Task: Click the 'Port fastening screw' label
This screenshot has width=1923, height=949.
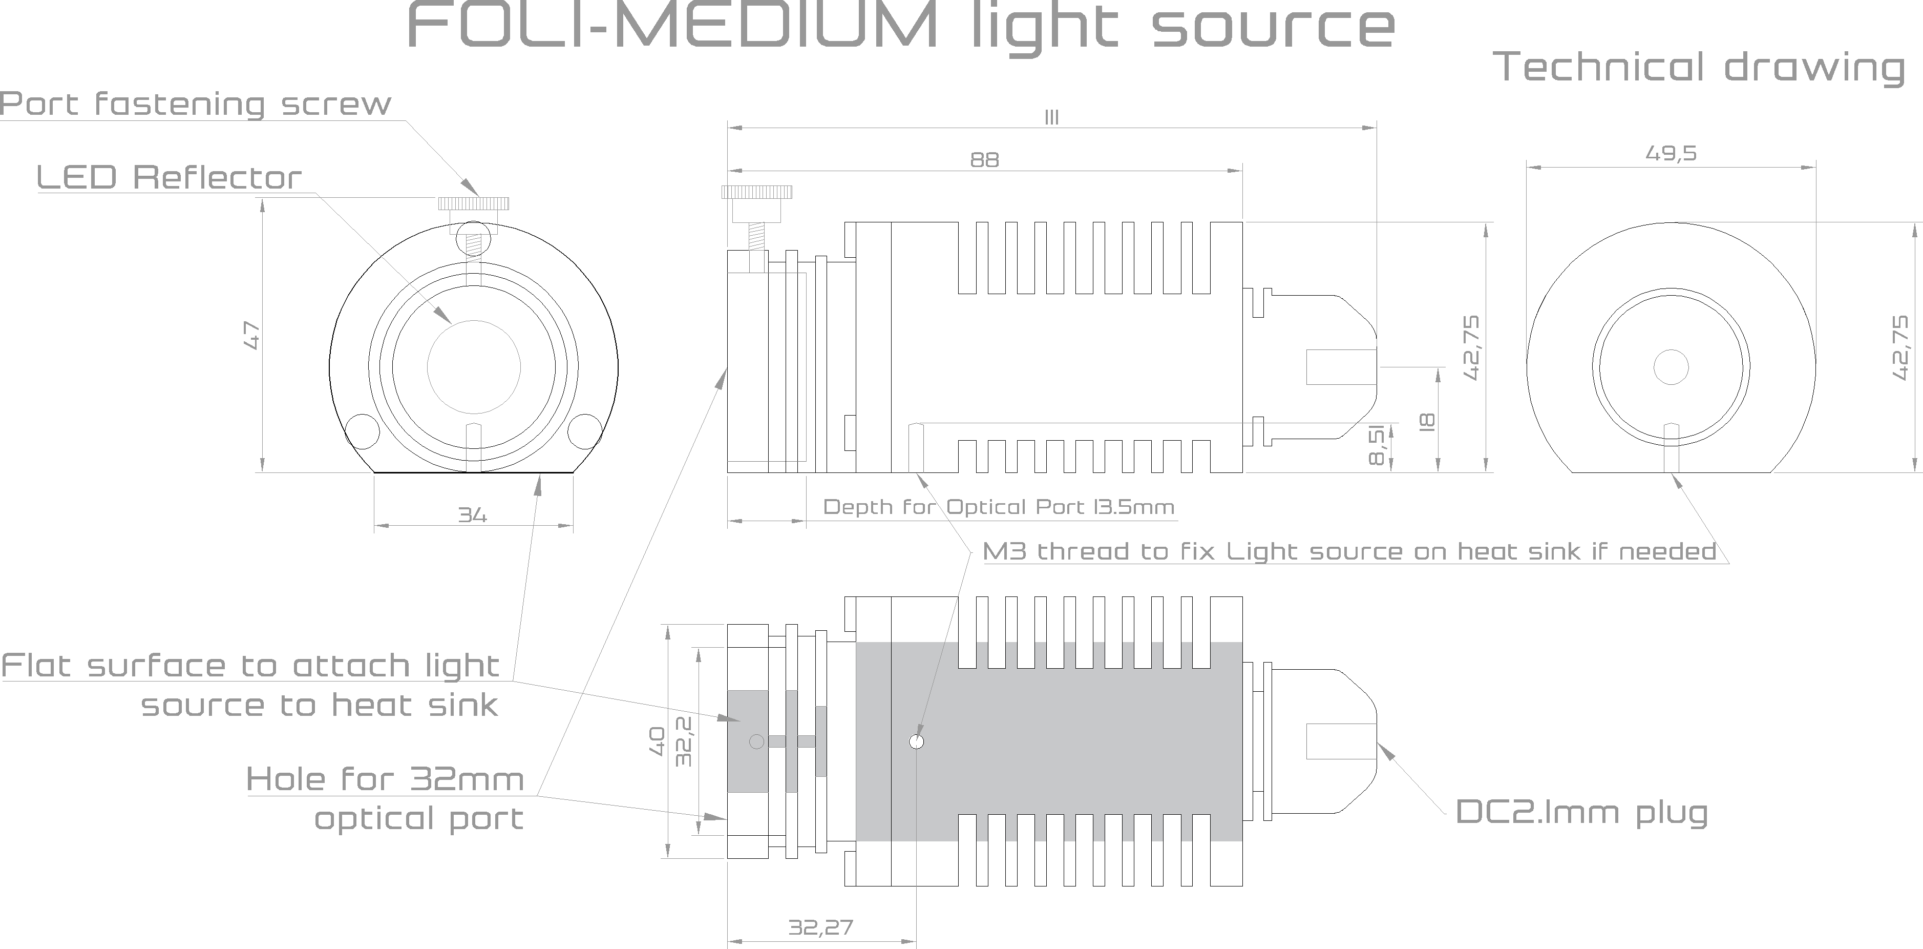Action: tap(196, 104)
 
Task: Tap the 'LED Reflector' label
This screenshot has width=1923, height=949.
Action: tap(168, 178)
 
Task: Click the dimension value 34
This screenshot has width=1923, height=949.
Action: tap(473, 515)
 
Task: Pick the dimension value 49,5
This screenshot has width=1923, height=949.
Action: tap(1671, 153)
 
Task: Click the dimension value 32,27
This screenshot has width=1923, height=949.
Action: tap(820, 927)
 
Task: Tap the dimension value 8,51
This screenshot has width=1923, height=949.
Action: tap(1377, 445)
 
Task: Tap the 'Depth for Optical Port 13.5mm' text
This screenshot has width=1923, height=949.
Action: tap(998, 507)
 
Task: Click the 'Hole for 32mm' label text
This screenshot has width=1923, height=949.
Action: tap(385, 779)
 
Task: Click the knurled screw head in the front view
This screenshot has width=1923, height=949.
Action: tap(473, 203)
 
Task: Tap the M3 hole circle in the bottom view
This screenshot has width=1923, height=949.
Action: tap(917, 741)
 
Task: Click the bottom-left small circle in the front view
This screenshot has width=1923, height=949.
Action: tap(362, 431)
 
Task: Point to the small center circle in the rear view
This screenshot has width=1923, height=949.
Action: tap(1671, 366)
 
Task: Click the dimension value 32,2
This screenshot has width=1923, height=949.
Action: tap(684, 741)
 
